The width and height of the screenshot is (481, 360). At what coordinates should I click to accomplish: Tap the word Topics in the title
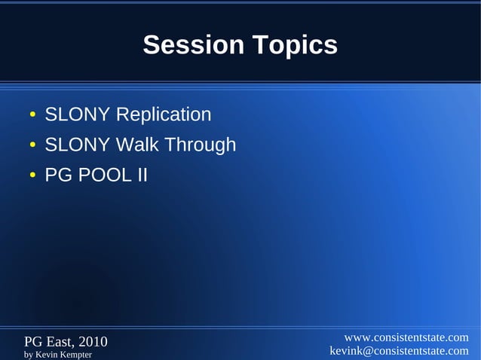[293, 46]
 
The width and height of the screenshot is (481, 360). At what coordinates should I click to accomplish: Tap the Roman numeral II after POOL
[141, 175]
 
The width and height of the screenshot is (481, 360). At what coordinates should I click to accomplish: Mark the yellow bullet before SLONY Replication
[32, 116]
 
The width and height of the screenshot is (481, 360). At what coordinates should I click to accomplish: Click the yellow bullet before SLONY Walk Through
[32, 145]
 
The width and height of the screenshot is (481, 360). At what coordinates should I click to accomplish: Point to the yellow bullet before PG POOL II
[32, 176]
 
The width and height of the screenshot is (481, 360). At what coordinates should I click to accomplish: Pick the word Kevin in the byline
[47, 354]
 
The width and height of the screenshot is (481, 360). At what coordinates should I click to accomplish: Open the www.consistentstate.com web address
[406, 337]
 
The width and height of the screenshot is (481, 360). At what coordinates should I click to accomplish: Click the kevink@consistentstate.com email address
[399, 351]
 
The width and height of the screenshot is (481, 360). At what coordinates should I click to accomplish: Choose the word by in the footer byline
[29, 354]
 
